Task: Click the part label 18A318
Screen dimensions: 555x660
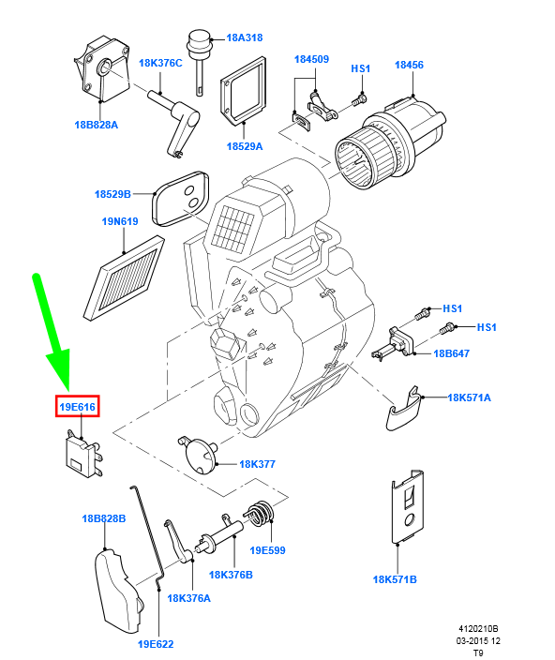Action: click(245, 37)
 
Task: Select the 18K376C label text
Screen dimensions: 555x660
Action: click(160, 63)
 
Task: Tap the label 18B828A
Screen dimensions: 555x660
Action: click(96, 125)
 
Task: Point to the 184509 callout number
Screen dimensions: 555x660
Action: click(311, 59)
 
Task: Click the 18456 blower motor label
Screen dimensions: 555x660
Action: click(409, 65)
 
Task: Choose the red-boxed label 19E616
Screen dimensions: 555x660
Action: click(78, 407)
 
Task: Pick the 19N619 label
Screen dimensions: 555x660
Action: click(120, 221)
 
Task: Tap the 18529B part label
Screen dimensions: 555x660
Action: click(112, 194)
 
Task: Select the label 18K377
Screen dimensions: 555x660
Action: click(257, 464)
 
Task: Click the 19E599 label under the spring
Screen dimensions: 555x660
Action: click(267, 550)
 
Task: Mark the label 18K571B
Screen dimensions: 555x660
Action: click(395, 579)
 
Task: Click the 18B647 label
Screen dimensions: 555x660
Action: click(452, 353)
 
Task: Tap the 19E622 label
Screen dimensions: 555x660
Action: click(156, 644)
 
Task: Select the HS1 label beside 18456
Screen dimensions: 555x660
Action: click(361, 68)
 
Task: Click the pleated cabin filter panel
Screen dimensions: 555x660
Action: click(124, 278)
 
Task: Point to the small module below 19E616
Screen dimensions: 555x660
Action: click(82, 455)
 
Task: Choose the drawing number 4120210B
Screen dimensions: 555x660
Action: click(478, 629)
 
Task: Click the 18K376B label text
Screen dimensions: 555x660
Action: click(231, 575)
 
